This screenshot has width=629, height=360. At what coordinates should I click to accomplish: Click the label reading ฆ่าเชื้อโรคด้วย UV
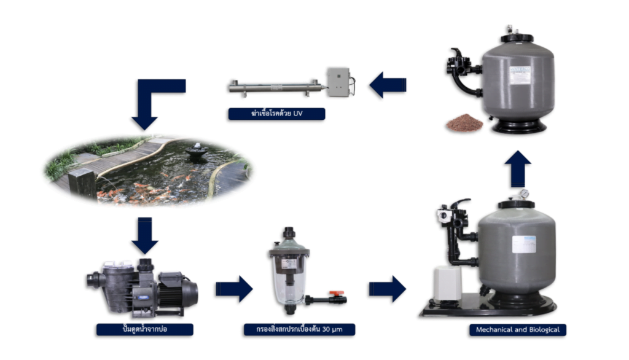click(x=276, y=114)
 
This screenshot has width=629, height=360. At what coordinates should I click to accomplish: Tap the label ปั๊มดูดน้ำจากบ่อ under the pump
click(x=144, y=330)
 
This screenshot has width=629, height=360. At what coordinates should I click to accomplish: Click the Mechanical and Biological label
click(x=518, y=330)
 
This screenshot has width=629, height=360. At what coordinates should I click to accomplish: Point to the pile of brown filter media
click(x=464, y=123)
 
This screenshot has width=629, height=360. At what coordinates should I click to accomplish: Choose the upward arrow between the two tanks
click(x=518, y=168)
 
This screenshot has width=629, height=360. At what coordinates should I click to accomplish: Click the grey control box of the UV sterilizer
click(x=337, y=82)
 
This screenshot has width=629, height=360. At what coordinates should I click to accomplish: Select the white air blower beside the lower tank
click(x=447, y=282)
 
